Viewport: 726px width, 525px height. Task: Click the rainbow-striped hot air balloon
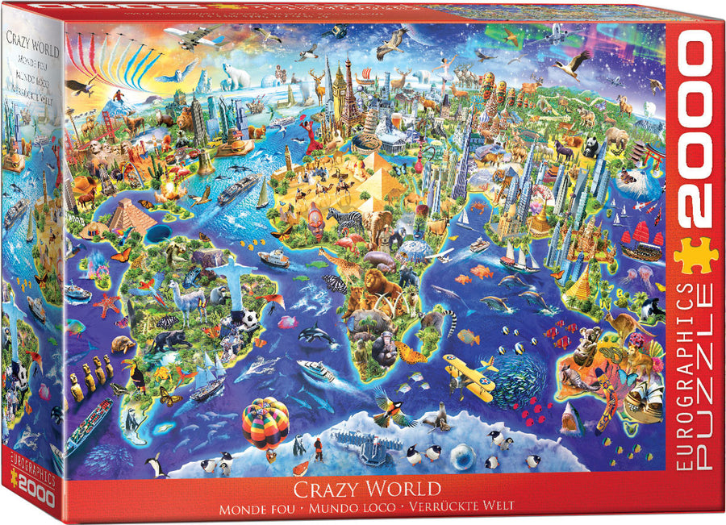[x=265, y=423]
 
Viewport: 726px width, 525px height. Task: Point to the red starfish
[x=106, y=306]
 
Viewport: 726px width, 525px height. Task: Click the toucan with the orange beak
[x=133, y=374]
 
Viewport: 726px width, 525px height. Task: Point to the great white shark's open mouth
[x=571, y=417]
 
